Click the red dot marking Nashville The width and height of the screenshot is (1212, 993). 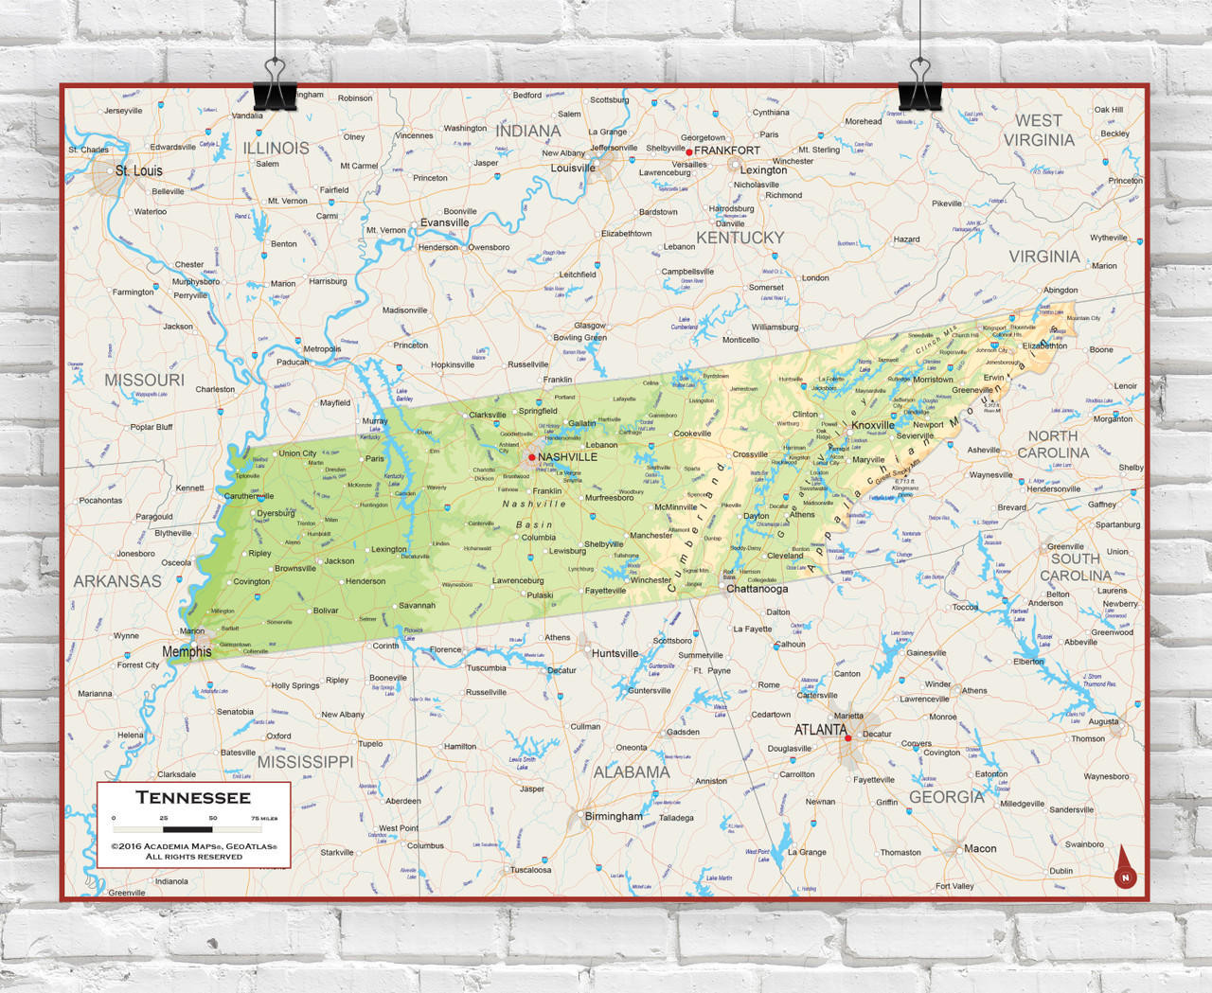point(532,457)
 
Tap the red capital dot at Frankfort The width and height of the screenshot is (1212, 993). point(689,151)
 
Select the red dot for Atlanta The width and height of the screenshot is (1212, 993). point(848,738)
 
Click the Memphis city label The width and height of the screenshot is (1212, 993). point(187,651)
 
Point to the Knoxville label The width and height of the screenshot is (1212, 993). point(872,425)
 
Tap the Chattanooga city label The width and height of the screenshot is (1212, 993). point(757,589)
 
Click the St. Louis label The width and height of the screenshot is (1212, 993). point(138,171)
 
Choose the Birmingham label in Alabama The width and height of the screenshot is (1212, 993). point(614,816)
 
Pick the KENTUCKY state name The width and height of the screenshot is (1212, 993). point(740,238)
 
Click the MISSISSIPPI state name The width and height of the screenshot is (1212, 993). point(305,762)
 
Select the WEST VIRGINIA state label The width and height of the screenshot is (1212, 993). point(1039,131)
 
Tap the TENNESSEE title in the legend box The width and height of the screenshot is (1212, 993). point(193,797)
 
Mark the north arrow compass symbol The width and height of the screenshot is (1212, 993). point(1125,869)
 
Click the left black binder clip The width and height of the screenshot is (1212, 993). point(275,88)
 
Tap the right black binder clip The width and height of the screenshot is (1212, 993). point(919,88)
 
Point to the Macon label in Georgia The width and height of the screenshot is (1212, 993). point(980,848)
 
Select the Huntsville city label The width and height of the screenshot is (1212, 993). point(615,653)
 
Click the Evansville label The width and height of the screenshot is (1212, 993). point(444,222)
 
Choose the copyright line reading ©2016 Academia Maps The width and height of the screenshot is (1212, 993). point(193,846)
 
